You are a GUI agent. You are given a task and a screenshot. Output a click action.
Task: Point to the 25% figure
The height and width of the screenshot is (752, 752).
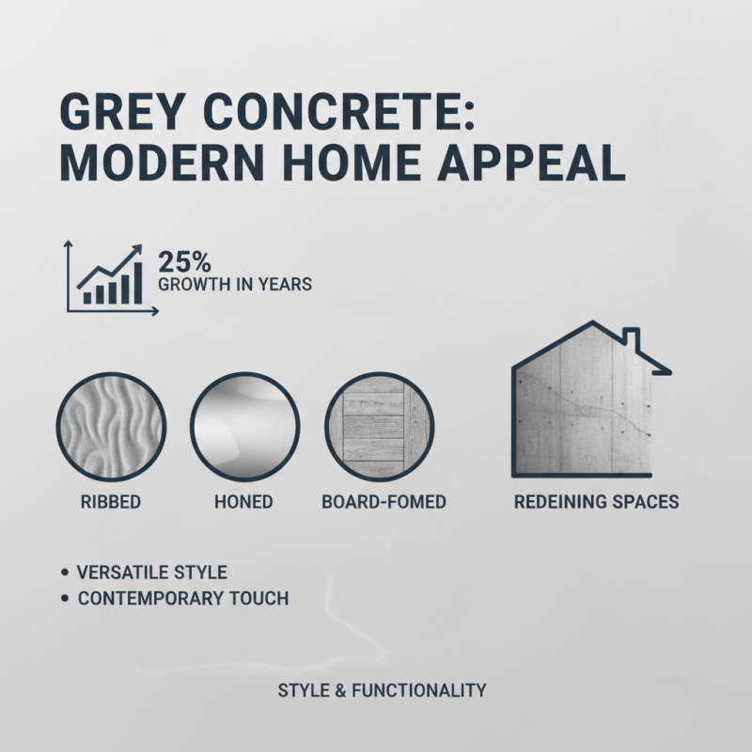point(185,262)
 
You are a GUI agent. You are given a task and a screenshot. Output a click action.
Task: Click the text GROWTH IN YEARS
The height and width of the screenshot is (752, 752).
point(235,283)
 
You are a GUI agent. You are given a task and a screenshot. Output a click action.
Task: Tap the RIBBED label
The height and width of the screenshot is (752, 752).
point(111,502)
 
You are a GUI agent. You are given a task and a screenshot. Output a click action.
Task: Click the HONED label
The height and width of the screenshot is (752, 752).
point(243,502)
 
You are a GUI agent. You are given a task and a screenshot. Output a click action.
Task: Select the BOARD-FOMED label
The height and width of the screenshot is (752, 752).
point(384,502)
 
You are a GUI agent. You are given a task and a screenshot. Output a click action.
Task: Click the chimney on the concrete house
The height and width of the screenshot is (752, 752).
point(632,340)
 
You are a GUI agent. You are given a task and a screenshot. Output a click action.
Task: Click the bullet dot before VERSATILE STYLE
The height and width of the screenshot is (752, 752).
point(63,572)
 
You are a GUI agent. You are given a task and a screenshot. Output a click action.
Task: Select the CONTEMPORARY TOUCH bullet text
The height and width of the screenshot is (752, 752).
point(183,599)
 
